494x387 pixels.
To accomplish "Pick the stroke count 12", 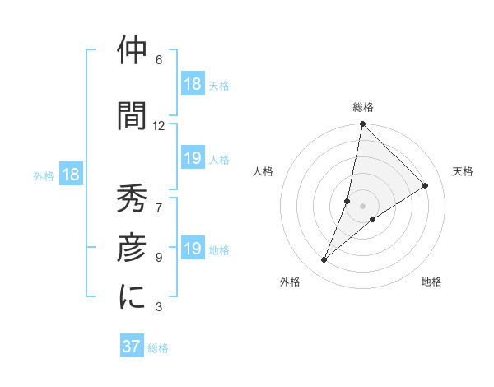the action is pyautogui.click(x=159, y=125).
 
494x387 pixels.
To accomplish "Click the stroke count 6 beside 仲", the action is pyautogui.click(x=159, y=60).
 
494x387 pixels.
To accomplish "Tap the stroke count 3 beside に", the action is pyautogui.click(x=159, y=307).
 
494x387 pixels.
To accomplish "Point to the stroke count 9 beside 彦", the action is pyautogui.click(x=159, y=257).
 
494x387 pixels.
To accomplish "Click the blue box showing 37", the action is pyautogui.click(x=132, y=347).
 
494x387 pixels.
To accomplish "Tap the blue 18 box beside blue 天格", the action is pyautogui.click(x=193, y=84).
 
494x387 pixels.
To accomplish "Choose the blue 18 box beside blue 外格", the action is pyautogui.click(x=71, y=175).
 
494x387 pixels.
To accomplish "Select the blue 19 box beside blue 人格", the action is pyautogui.click(x=193, y=158).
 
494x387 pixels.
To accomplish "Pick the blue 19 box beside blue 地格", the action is pyautogui.click(x=193, y=249).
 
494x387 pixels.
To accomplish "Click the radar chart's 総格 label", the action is pyautogui.click(x=362, y=107).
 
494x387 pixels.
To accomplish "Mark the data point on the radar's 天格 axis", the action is pyautogui.click(x=425, y=186).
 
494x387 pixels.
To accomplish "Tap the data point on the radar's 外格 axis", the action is pyautogui.click(x=324, y=260).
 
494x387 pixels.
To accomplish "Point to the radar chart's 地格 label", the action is pyautogui.click(x=431, y=282).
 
